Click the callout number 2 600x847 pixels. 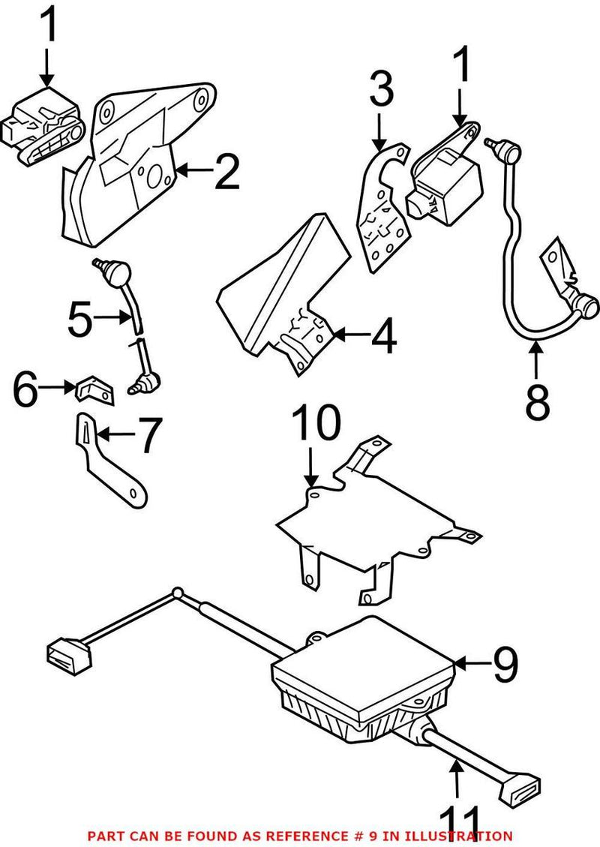(x=226, y=172)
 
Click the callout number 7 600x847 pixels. (x=147, y=434)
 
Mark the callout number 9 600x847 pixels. (x=505, y=663)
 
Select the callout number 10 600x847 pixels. (x=316, y=425)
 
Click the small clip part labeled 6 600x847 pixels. (x=94, y=389)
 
